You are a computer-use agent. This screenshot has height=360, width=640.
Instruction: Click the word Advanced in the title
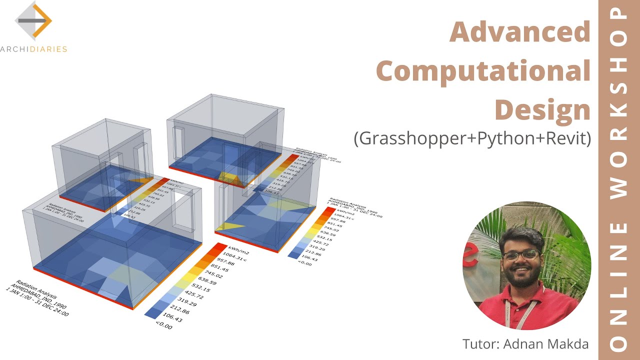tap(520, 32)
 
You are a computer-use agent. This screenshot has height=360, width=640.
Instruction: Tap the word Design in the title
tap(542, 109)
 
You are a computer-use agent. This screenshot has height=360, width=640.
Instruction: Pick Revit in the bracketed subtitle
tap(565, 138)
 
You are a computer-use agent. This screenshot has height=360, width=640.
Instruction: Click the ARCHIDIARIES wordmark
tap(33, 49)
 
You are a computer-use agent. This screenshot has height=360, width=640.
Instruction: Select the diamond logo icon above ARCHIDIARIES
tap(33, 20)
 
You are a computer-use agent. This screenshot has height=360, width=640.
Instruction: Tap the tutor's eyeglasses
tap(520, 254)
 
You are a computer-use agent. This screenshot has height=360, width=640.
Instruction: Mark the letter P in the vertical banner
tap(619, 15)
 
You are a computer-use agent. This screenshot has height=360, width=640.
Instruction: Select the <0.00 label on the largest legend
tap(163, 326)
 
